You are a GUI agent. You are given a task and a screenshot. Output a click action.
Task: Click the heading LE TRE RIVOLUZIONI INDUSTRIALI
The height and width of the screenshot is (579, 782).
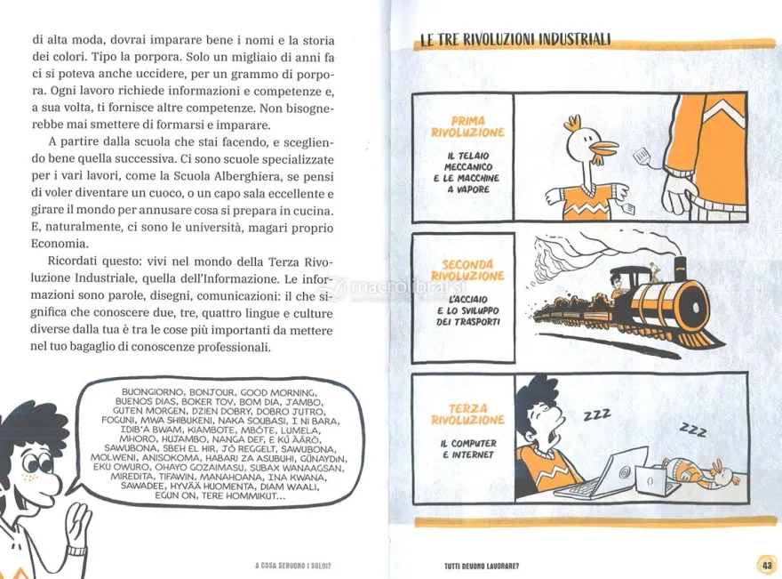[515, 39]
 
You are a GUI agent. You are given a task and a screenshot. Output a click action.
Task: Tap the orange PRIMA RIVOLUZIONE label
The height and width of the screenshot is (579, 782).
[467, 127]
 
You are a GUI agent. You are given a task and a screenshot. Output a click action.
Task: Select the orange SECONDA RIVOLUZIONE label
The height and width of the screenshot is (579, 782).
[467, 270]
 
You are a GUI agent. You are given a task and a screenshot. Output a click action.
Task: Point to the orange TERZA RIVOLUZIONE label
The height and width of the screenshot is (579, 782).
[467, 414]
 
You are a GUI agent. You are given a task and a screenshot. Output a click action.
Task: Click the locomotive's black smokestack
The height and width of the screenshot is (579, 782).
[681, 269]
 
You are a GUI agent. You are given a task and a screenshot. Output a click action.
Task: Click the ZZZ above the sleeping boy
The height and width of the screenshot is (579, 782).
[597, 414]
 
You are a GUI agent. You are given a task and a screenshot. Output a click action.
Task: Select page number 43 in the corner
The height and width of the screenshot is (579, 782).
[767, 565]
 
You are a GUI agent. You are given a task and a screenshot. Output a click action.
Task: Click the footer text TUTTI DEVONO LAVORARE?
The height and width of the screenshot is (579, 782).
[482, 566]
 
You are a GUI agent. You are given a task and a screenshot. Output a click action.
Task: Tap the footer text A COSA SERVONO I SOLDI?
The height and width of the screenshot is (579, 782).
[292, 566]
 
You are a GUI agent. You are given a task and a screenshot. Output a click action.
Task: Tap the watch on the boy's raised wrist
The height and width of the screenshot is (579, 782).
[76, 551]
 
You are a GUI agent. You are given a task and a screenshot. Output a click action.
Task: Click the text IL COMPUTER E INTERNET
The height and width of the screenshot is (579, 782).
[467, 449]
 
